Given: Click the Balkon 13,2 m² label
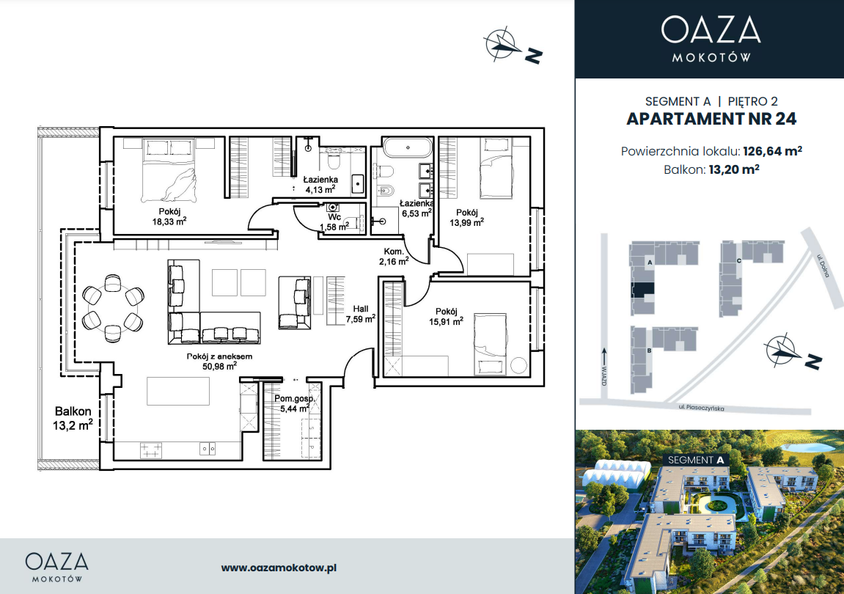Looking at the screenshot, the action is point(73,419).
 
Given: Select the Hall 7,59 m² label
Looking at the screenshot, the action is point(361,314).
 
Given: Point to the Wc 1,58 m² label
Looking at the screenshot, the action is point(334,222).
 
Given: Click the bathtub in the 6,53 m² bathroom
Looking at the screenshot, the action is point(408,147).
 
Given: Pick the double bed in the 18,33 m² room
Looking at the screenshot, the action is point(169,169).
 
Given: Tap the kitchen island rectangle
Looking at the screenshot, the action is point(178,391).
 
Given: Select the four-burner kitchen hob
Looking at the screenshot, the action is point(151,450).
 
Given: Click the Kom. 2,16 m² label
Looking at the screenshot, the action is point(394,257).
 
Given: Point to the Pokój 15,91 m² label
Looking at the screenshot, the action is point(447,317).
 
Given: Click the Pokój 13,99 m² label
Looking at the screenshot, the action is point(466,217).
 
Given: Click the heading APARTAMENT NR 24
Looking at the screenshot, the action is point(711,119).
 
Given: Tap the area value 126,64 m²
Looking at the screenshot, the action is point(772,151).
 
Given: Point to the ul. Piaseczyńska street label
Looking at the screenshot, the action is point(701,408).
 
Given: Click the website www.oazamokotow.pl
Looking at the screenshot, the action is point(279,568).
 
